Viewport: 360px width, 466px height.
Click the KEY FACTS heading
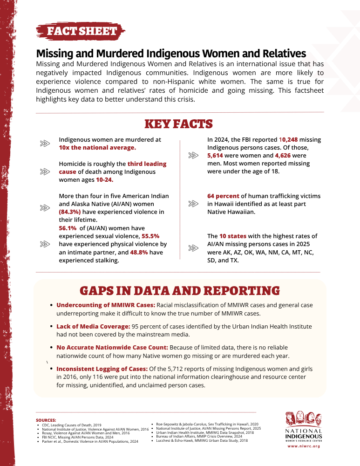[x=179, y=124]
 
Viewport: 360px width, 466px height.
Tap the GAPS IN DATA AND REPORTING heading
[x=180, y=291]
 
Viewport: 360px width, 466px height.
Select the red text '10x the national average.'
[x=97, y=147]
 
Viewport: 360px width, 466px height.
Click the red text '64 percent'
[x=224, y=196]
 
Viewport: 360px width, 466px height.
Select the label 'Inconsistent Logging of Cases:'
[x=102, y=369]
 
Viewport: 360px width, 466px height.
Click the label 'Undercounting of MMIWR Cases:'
[x=105, y=305]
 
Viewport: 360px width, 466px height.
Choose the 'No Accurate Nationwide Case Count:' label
[x=112, y=348]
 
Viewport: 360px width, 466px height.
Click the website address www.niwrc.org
[x=303, y=446]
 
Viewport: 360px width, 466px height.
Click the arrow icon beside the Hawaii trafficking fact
[x=193, y=204]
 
